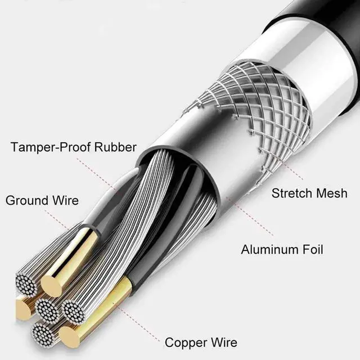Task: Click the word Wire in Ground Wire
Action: [x=65, y=200]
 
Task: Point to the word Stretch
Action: [x=292, y=193]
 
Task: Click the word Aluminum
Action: [x=269, y=249]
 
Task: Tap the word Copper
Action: [x=186, y=342]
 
